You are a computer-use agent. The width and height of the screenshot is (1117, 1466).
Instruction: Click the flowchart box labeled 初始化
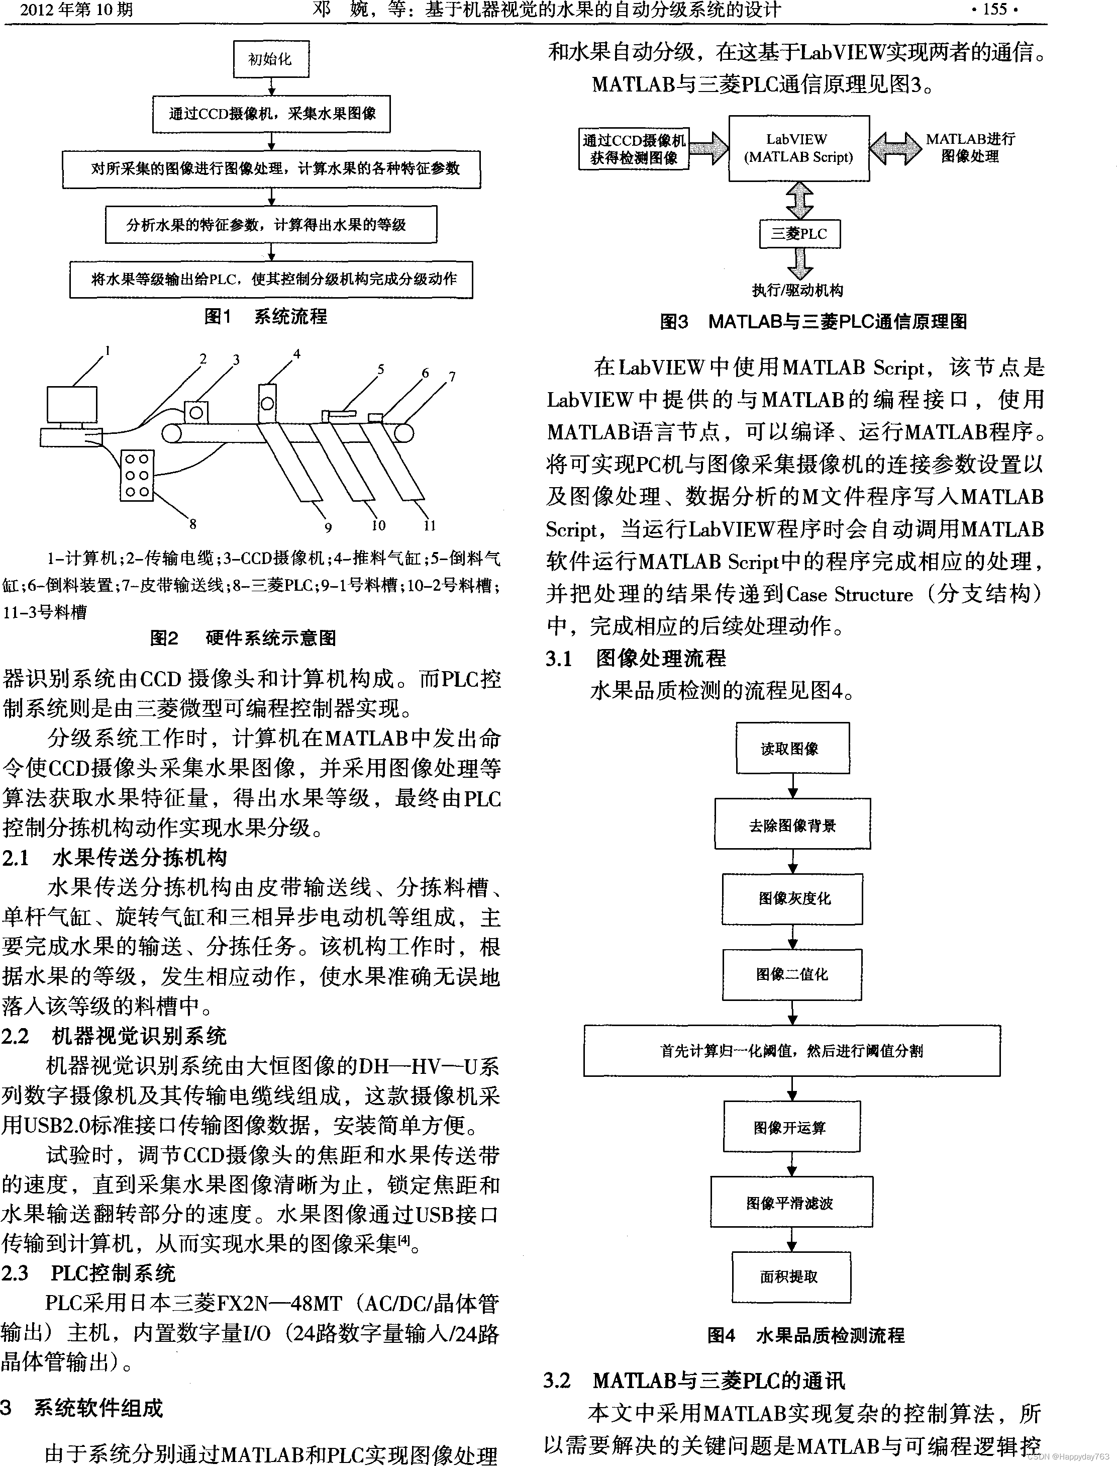click(x=271, y=59)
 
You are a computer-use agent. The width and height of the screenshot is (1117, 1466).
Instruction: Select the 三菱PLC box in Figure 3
click(x=799, y=234)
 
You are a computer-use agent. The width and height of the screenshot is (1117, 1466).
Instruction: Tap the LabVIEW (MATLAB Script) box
click(x=798, y=148)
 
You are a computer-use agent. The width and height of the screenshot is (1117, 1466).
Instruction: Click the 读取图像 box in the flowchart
click(x=792, y=748)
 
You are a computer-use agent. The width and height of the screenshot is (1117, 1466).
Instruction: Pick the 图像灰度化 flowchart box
click(x=792, y=898)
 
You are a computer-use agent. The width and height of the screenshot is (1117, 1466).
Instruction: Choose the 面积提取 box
click(x=790, y=1276)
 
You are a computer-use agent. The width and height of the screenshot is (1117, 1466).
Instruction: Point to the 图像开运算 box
click(x=791, y=1127)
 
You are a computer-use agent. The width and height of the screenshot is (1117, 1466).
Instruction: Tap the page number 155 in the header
click(x=995, y=10)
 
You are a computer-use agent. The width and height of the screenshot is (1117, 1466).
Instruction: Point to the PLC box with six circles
click(x=137, y=475)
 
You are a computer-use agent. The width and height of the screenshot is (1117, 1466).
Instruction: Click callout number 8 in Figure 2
click(x=193, y=524)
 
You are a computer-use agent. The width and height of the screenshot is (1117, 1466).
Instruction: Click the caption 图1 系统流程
click(x=265, y=317)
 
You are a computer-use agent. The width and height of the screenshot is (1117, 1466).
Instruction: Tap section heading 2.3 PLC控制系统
click(x=88, y=1273)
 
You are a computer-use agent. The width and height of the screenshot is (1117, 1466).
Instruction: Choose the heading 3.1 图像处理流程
click(x=636, y=659)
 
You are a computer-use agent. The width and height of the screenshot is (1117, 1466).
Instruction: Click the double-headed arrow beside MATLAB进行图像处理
click(x=895, y=148)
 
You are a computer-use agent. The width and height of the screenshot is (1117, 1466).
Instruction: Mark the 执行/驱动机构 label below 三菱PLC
click(x=798, y=290)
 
